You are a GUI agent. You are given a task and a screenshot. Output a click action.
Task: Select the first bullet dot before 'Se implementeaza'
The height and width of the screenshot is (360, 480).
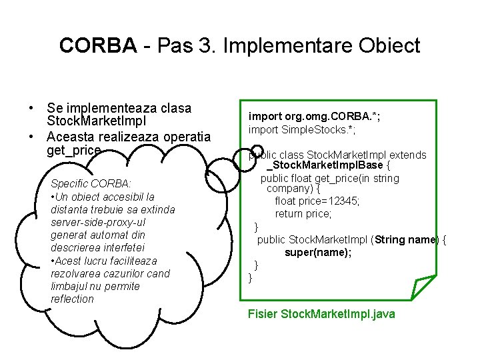[31, 108]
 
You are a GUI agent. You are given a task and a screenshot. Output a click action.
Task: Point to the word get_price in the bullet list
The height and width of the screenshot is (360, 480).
[74, 151]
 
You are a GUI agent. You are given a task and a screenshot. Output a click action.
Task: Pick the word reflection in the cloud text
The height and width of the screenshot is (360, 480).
[72, 299]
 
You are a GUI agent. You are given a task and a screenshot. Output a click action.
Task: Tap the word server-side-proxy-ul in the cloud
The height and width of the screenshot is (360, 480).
[98, 222]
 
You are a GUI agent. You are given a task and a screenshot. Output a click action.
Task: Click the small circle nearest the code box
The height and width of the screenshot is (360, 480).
[256, 155]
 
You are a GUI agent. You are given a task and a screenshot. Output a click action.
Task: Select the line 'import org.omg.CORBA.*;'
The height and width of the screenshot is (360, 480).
[314, 117]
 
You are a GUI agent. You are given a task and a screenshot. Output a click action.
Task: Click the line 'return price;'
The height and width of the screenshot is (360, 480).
[303, 214]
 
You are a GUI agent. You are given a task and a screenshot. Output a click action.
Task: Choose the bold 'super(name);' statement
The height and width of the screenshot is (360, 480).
[318, 253]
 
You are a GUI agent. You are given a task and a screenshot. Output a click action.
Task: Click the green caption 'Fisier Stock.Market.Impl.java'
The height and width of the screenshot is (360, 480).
[321, 313]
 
